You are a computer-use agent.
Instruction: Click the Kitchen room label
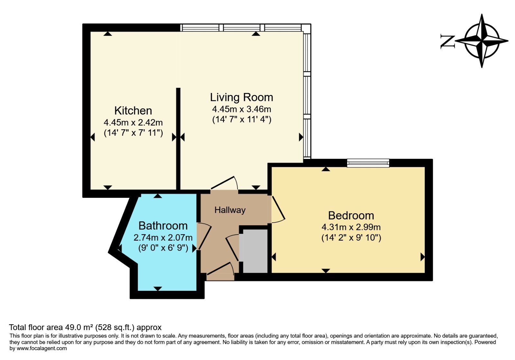(133, 111)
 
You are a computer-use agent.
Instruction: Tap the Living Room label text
(241, 97)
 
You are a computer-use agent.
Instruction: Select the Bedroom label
(351, 215)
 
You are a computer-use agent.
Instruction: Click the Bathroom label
(163, 226)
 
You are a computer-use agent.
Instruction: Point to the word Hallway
(230, 210)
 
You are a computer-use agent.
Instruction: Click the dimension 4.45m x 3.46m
(241, 109)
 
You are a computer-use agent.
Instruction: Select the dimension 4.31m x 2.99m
(351, 227)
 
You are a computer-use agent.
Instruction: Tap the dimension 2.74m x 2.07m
(163, 238)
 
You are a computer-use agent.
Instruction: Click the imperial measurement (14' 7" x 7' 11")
(133, 133)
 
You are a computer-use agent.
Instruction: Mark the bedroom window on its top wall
(368, 163)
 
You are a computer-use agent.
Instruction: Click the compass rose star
(482, 41)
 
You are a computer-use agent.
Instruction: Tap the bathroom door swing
(203, 236)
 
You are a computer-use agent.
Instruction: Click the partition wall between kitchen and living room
(178, 138)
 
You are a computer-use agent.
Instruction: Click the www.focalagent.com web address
(42, 348)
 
